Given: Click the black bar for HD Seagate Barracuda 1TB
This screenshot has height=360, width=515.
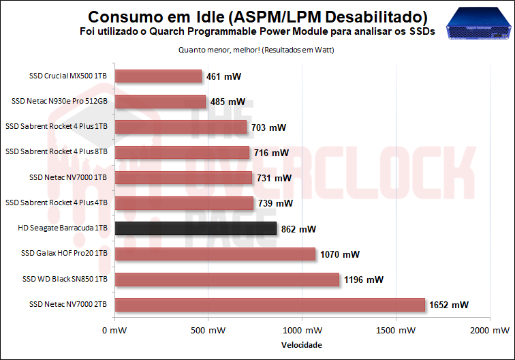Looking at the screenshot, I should [196, 228].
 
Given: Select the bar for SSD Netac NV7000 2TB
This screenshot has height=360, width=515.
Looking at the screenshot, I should [270, 304].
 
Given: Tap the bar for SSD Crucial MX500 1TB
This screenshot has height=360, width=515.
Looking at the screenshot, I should [158, 76].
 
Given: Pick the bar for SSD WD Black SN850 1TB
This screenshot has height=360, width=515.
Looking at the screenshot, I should [227, 279].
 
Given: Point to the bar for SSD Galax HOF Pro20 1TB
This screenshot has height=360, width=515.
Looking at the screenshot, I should [215, 254].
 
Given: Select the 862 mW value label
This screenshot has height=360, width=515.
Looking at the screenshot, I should [298, 229].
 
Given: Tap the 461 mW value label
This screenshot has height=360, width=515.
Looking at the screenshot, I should [223, 77].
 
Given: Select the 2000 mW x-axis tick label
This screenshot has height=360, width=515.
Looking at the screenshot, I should [490, 331].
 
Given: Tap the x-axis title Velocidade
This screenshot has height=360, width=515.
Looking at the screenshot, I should [302, 345].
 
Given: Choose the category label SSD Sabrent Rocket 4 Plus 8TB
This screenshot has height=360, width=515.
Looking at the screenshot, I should [57, 151].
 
